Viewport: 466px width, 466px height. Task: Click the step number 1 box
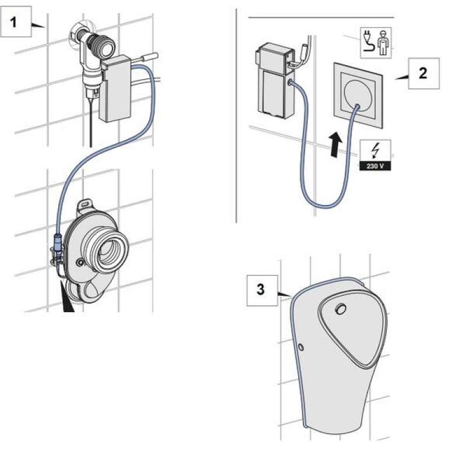click(x=16, y=22)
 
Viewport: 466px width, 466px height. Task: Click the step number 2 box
click(x=423, y=73)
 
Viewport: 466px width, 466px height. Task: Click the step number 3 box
click(x=262, y=290)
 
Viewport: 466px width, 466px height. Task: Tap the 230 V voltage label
click(x=375, y=166)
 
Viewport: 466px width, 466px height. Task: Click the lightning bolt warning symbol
click(x=376, y=150)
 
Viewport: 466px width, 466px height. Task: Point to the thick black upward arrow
click(x=336, y=144)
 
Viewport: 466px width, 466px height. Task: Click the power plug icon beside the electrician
click(x=369, y=42)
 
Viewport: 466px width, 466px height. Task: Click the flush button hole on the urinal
click(x=341, y=309)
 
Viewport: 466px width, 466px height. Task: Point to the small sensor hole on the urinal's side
click(x=301, y=347)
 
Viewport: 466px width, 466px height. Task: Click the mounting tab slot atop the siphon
click(x=84, y=204)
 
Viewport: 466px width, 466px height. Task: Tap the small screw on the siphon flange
click(x=80, y=263)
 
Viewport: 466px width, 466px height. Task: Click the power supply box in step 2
click(x=274, y=81)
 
